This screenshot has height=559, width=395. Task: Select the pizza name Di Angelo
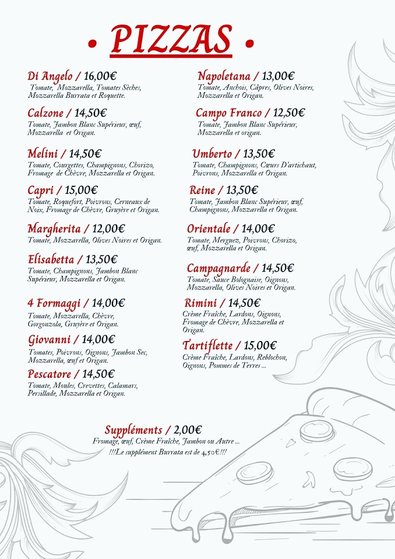coord(50,76)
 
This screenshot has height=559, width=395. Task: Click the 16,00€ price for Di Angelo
coord(100,76)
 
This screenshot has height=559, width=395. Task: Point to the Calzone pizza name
coord(46,113)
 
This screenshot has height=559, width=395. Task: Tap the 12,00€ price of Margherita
coord(109,229)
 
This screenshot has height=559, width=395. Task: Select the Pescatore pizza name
coord(50,374)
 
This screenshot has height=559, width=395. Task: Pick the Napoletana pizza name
coord(224,76)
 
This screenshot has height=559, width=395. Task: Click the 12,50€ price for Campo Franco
coord(289,113)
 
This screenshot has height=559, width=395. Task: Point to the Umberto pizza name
coord(212,154)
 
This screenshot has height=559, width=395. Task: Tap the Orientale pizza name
coord(209,229)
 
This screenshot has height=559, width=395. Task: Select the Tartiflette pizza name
coord(207,346)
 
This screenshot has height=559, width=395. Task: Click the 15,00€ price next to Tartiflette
coord(260,346)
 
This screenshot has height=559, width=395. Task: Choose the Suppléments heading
coord(134,430)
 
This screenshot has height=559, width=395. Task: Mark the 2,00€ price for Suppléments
coord(188,430)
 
